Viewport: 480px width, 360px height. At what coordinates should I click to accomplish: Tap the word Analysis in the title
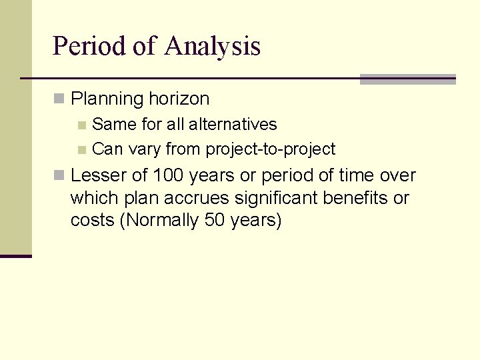point(212,47)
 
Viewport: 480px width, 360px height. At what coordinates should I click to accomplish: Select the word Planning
point(107,99)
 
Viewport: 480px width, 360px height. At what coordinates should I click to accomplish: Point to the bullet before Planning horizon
point(59,99)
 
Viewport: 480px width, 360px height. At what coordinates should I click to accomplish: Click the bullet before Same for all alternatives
point(81,125)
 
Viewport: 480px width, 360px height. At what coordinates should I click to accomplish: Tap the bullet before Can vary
point(81,149)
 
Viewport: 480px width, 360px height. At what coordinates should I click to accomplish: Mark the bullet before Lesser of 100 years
point(59,176)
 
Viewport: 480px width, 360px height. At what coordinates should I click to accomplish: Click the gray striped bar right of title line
point(407,79)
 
